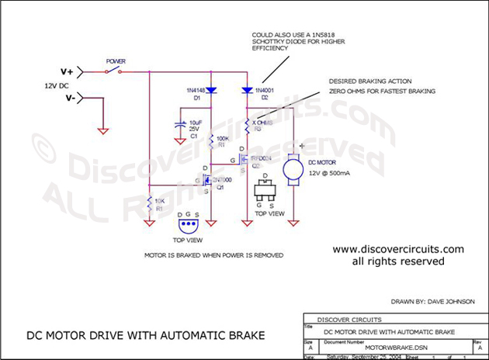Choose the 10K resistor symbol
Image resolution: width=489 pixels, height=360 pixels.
[148, 206]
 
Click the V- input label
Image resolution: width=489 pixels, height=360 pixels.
[68, 99]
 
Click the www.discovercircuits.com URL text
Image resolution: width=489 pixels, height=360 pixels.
[398, 249]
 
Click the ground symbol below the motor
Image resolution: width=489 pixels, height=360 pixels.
[294, 223]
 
